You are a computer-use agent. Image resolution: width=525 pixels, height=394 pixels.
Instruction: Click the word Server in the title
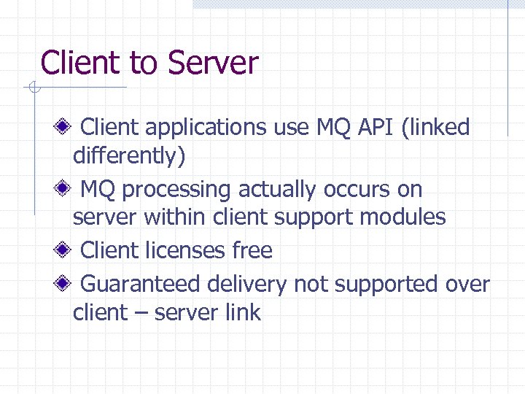(x=213, y=63)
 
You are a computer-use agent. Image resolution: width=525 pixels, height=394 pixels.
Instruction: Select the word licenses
(x=184, y=250)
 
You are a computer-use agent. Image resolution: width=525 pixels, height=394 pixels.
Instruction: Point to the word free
(x=252, y=250)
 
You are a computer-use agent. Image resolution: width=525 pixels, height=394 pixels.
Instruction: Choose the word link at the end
(x=244, y=312)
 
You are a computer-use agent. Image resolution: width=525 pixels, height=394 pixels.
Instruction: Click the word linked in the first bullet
(x=440, y=128)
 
